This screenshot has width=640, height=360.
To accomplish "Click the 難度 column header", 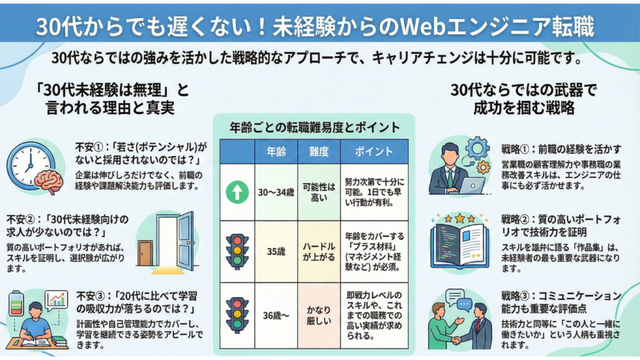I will [x=319, y=152].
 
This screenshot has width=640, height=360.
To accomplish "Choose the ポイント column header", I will [x=374, y=152].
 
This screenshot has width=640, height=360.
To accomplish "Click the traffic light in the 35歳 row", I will [x=237, y=251].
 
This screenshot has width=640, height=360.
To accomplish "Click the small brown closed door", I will [x=145, y=253].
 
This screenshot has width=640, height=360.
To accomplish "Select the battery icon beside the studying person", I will [x=15, y=304].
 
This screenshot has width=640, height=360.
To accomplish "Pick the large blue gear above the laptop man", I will [x=477, y=148].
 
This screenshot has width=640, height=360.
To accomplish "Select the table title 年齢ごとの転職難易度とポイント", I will [x=314, y=128].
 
